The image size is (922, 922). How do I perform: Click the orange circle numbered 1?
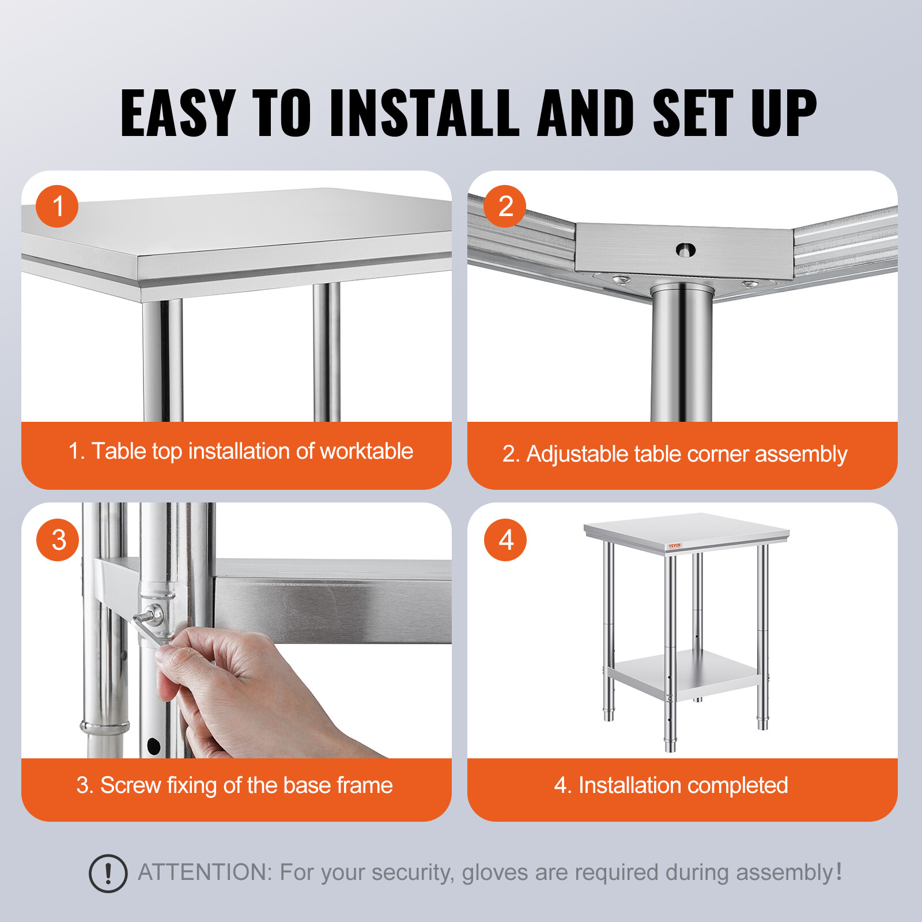57,206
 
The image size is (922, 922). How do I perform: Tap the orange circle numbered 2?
505,206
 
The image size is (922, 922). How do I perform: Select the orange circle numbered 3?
58,540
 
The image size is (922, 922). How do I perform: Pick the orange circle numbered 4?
505,540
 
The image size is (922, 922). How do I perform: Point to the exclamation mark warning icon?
108,874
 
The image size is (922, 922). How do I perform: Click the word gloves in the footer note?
494,872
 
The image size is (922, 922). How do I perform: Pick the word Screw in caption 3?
130,785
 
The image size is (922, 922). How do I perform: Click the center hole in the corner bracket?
685,250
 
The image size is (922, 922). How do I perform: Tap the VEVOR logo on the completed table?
674,545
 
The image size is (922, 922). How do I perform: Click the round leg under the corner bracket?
682,357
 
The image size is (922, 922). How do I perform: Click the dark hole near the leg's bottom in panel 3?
154,746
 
